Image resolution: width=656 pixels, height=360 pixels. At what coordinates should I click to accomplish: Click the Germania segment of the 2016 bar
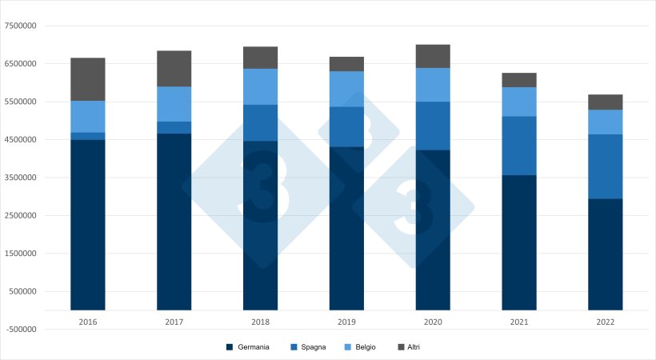click(88, 224)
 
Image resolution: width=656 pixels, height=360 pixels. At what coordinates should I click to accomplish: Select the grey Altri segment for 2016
click(88, 79)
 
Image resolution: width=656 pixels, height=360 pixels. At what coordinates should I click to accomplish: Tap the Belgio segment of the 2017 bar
click(174, 104)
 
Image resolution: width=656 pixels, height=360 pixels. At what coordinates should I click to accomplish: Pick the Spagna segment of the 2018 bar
click(261, 122)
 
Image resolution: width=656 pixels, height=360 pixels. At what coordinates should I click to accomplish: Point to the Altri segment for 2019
click(346, 64)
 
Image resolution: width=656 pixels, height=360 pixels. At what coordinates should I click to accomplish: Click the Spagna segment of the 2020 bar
click(433, 126)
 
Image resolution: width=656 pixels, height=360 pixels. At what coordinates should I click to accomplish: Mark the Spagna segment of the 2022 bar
click(606, 166)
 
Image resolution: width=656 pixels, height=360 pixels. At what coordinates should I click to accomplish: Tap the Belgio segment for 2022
click(606, 122)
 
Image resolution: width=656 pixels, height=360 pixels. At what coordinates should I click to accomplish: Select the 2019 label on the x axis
click(346, 321)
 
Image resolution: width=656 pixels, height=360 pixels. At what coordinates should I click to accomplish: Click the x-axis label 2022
click(606, 321)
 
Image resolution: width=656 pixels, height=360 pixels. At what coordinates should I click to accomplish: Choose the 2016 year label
click(88, 321)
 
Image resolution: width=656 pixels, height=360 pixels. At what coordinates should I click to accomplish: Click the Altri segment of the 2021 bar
click(519, 80)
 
